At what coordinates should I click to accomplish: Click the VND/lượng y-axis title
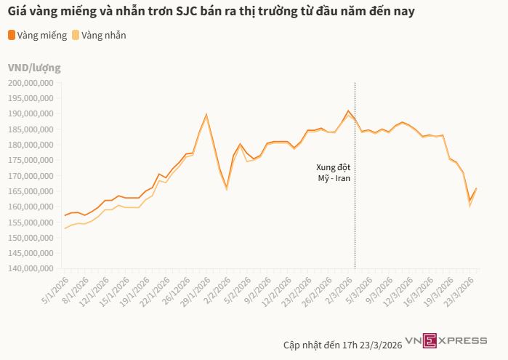[x=34, y=68]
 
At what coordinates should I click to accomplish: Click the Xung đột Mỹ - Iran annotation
[x=332, y=172]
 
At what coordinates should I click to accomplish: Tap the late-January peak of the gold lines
[x=206, y=114]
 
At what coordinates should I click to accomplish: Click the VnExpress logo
[x=445, y=340]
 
